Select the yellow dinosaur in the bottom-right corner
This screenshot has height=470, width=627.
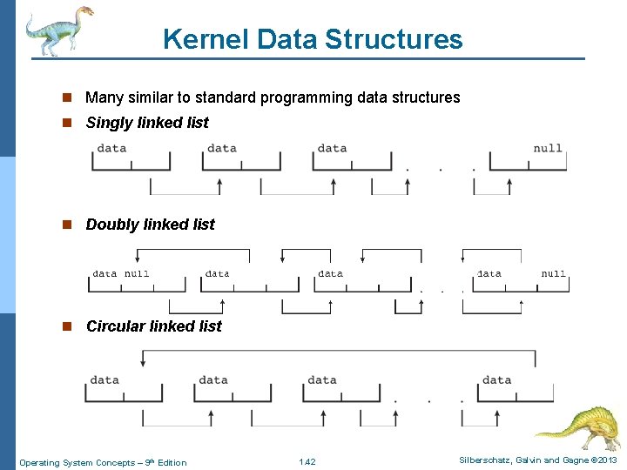pos(576,426)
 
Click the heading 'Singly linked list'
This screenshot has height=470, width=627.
pos(147,123)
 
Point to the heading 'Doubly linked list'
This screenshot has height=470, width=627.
pos(150,225)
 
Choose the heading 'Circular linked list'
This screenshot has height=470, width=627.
pos(153,326)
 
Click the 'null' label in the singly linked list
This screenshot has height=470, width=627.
pos(548,148)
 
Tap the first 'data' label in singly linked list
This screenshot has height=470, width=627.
pos(111,148)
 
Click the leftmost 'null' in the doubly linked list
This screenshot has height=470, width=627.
pos(137,273)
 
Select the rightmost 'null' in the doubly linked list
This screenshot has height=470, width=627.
pos(553,273)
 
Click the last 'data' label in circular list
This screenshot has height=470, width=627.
pos(496,379)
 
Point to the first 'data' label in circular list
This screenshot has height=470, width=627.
pos(104,379)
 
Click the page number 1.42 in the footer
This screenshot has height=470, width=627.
pos(307,462)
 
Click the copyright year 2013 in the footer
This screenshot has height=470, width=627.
pos(607,460)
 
